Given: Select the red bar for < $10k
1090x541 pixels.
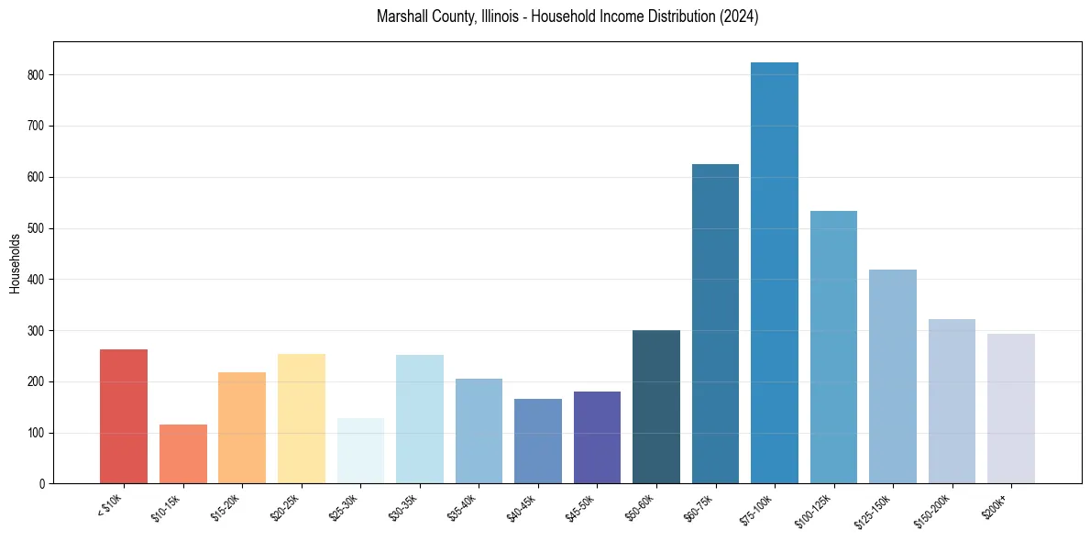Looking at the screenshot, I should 124,416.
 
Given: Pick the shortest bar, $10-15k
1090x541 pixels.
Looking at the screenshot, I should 183,454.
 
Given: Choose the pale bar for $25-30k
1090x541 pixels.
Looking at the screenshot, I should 360,450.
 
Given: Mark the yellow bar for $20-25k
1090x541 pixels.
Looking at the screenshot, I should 302,418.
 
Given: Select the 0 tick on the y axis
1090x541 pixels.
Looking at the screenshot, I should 42,483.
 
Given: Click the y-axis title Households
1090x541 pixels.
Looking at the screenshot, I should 15,263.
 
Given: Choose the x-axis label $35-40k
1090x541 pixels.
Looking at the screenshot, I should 463,506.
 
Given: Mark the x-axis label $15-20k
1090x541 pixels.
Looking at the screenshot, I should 226,506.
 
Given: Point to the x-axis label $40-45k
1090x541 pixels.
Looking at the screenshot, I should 522,506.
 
